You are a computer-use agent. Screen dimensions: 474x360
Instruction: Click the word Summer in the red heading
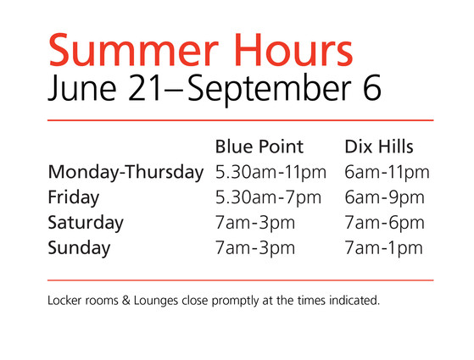(133, 50)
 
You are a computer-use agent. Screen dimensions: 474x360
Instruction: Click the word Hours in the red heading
(293, 50)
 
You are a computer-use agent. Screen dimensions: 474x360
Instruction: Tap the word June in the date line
(82, 88)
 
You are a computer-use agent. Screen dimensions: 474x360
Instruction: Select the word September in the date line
(270, 90)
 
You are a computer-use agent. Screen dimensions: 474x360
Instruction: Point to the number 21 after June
(145, 87)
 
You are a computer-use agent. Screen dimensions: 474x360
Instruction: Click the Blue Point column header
(259, 147)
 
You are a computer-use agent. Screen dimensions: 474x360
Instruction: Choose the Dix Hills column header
(379, 147)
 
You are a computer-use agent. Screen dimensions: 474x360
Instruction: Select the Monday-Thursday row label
(125, 173)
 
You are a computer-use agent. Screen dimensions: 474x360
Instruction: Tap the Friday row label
(74, 198)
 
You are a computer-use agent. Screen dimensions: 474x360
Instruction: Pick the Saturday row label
(86, 223)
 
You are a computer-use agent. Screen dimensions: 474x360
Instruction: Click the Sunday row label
(79, 248)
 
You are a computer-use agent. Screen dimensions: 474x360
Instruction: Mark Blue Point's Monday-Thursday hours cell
(270, 173)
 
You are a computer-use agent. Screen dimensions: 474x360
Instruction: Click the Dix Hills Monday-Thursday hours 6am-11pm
(387, 173)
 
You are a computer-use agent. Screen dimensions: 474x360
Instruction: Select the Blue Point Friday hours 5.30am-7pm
(268, 198)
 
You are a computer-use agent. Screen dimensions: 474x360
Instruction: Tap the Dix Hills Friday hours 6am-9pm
(384, 198)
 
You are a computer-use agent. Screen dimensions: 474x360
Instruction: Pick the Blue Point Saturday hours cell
(255, 224)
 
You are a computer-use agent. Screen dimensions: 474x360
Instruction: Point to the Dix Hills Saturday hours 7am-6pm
(384, 224)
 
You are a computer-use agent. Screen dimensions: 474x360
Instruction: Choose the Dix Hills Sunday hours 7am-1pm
(383, 248)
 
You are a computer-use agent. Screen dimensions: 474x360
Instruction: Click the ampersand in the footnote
(126, 301)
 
